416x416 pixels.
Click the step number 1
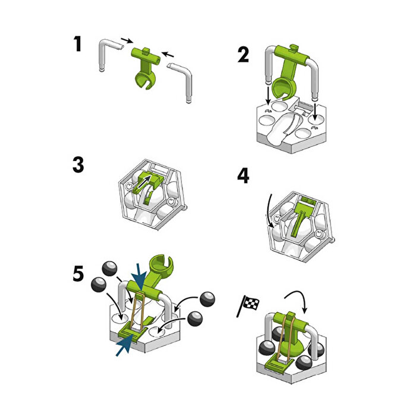(77, 45)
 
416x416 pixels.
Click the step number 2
(243, 55)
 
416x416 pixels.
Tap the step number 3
(78, 165)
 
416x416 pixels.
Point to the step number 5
(78, 273)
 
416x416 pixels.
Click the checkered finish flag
(248, 305)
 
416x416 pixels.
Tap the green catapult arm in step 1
(146, 68)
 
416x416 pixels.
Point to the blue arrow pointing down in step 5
(140, 278)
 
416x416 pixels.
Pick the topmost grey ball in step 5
(109, 268)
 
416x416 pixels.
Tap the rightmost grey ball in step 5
(207, 300)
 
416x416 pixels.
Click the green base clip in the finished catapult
(279, 364)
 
